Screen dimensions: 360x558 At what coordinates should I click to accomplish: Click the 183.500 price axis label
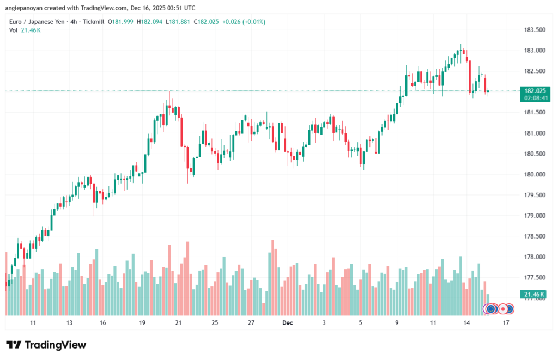click(535, 30)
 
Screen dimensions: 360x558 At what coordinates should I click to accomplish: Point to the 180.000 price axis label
click(535, 174)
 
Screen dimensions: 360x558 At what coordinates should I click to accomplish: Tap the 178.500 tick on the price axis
click(535, 236)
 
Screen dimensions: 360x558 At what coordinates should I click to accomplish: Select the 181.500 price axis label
click(535, 112)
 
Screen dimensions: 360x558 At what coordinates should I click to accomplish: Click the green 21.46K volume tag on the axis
click(535, 295)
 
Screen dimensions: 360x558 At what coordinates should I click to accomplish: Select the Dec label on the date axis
click(288, 323)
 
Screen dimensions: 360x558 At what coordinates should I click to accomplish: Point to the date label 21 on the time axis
click(178, 323)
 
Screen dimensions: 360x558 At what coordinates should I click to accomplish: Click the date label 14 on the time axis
click(467, 323)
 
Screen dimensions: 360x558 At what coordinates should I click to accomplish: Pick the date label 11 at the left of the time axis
click(33, 323)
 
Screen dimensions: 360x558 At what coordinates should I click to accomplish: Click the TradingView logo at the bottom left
click(46, 345)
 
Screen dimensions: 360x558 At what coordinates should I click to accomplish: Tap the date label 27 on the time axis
click(251, 323)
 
